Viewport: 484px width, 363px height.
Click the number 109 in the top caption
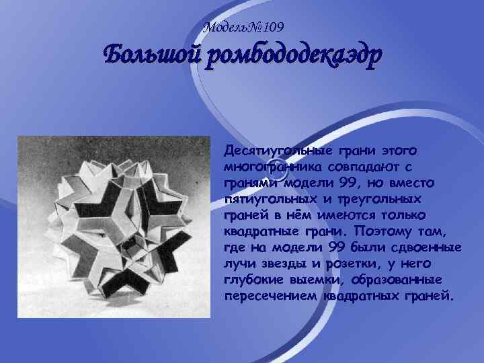pos(272,28)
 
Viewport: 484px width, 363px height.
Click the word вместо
pos(415,183)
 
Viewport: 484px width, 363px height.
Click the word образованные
pos(399,281)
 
